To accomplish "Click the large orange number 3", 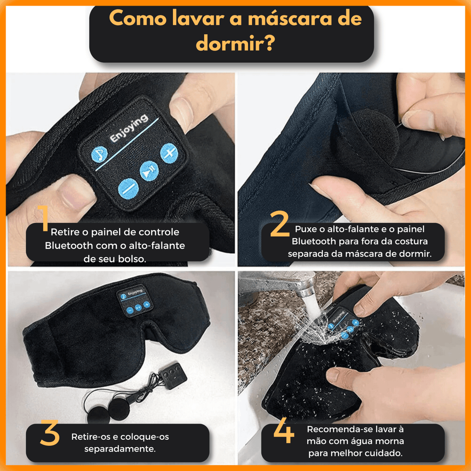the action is pyautogui.click(x=50, y=432).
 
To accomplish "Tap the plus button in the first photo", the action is pyautogui.click(x=169, y=153).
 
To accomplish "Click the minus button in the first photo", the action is pyautogui.click(x=129, y=189).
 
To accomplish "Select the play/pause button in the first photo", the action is pyautogui.click(x=149, y=171).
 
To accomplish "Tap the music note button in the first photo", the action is pyautogui.click(x=99, y=155).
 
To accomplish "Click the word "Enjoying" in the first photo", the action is pyautogui.click(x=129, y=128).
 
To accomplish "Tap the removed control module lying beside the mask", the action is pyautogui.click(x=173, y=375).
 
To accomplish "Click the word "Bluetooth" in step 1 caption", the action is pyautogui.click(x=69, y=246).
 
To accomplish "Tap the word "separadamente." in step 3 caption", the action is pyautogui.click(x=120, y=449).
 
